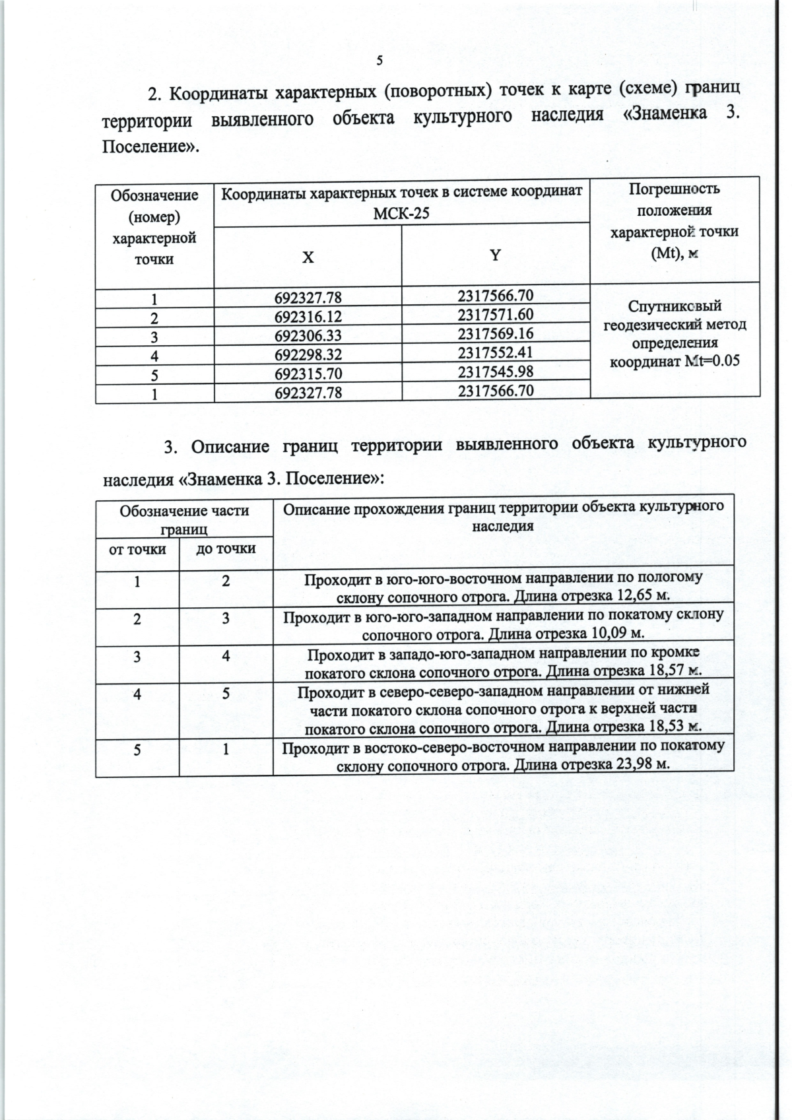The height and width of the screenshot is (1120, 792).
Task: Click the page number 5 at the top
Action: pos(379,61)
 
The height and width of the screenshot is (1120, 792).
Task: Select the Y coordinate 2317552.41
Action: pos(495,352)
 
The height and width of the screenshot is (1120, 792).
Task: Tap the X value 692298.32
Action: pos(308,355)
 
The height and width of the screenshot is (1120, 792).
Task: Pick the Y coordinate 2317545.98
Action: pos(495,371)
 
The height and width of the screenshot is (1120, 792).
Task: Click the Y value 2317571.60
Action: pos(495,314)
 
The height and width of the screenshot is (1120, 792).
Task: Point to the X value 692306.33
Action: pos(308,337)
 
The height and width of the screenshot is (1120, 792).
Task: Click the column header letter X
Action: pos(308,258)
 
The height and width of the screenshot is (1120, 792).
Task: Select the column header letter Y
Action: pos(495,255)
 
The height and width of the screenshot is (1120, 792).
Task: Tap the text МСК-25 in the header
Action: pos(401,214)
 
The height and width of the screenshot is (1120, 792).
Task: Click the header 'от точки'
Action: pos(137,549)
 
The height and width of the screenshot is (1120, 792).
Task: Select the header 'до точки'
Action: pos(226,549)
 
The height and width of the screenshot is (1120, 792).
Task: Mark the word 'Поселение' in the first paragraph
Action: pos(146,146)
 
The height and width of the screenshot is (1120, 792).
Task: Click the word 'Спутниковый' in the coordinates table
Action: pos(675,306)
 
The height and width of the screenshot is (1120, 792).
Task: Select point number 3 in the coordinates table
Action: pos(154,337)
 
